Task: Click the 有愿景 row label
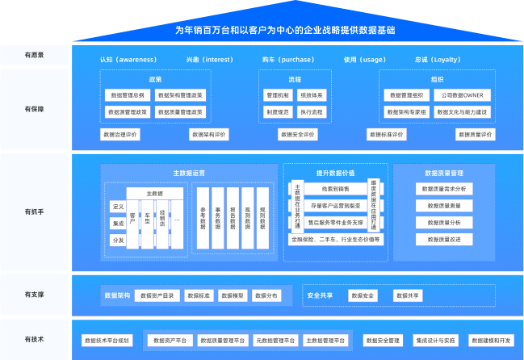[x=34, y=55]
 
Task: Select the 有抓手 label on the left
[x=34, y=211]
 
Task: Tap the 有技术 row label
[x=34, y=340]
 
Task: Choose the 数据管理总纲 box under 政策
[x=128, y=95]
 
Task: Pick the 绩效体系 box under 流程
[x=312, y=95]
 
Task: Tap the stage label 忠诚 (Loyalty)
[x=437, y=60]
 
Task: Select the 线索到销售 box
[x=335, y=189]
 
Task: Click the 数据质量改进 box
[x=443, y=240]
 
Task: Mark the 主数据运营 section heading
[x=189, y=174]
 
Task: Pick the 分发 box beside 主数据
[x=119, y=241]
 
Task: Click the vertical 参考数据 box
[x=203, y=220]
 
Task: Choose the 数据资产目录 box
[x=157, y=295]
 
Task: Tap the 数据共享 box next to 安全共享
[x=408, y=295]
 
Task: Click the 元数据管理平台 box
[x=275, y=341]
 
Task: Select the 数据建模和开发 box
[x=491, y=341]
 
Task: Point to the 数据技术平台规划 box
[x=107, y=341]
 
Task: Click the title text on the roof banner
[x=285, y=30]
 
